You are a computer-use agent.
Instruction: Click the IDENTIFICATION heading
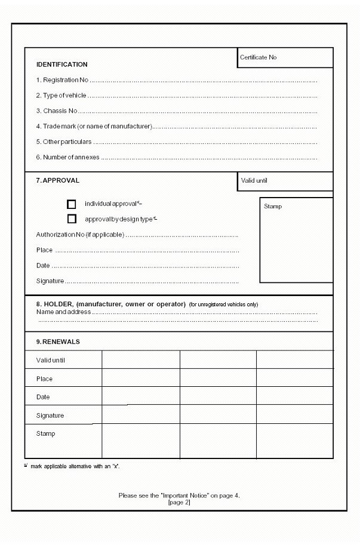click(62, 64)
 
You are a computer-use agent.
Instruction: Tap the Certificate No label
click(258, 57)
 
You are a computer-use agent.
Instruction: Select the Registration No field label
click(62, 80)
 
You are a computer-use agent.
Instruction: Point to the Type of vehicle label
click(61, 96)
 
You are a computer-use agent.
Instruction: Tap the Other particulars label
click(64, 142)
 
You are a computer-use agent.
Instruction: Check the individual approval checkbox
click(72, 204)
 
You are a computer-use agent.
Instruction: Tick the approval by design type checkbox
click(72, 219)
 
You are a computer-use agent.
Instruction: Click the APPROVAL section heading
click(58, 180)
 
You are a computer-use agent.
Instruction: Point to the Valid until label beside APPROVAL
click(254, 180)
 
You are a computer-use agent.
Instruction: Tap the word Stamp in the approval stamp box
click(273, 207)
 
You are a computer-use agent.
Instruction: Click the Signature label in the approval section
click(50, 281)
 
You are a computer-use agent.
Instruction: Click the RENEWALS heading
click(58, 342)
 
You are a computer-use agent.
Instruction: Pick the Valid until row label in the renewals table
click(51, 361)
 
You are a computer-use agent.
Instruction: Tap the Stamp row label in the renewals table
click(45, 434)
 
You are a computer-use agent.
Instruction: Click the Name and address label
click(63, 312)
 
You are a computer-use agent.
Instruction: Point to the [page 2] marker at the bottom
click(179, 503)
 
